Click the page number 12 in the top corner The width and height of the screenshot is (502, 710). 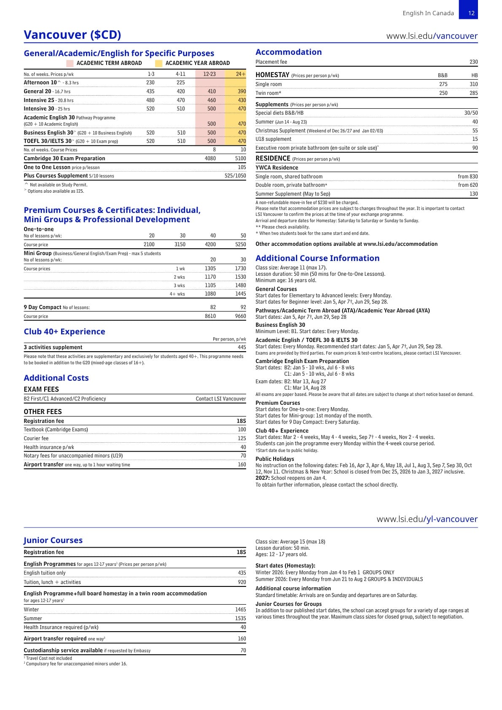tap(471, 13)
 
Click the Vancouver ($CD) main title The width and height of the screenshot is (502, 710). tap(72, 35)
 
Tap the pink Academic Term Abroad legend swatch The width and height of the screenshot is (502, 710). tap(70, 63)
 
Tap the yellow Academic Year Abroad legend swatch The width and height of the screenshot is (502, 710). tap(158, 63)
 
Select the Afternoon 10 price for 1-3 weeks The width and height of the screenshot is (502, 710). tap(150, 83)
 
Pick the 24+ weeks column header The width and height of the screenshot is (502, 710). tap(241, 74)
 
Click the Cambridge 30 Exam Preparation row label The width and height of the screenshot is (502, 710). tap(64, 159)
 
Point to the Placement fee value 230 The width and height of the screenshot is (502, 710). tap(473, 62)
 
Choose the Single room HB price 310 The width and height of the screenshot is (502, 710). tap(473, 84)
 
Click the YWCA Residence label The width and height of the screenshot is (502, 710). tap(277, 168)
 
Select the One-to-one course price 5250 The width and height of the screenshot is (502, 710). tap(240, 245)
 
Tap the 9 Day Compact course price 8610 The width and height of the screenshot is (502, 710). tap(210, 316)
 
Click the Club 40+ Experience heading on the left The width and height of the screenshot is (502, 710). tap(64, 332)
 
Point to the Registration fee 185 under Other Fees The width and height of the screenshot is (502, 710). tap(241, 421)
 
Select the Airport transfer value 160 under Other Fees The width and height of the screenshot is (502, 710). tap(242, 465)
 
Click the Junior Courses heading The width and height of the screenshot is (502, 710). tap(53, 541)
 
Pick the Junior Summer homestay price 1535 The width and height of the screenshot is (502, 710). tap(240, 619)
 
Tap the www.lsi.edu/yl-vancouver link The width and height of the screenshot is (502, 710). tap(427, 519)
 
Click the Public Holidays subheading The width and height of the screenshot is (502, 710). tap(275, 459)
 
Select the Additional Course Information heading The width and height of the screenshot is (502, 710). tap(317, 258)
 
